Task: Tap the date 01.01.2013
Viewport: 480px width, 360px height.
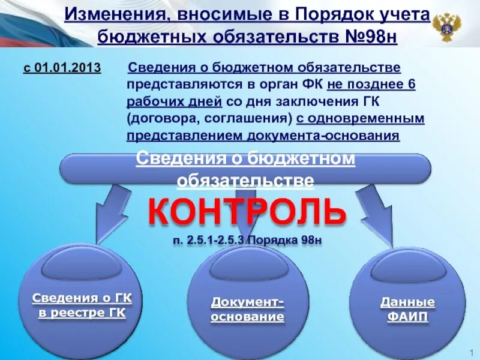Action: [x=68, y=67]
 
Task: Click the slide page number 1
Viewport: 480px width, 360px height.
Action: [x=473, y=351]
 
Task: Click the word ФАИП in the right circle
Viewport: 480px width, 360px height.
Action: [x=407, y=317]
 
